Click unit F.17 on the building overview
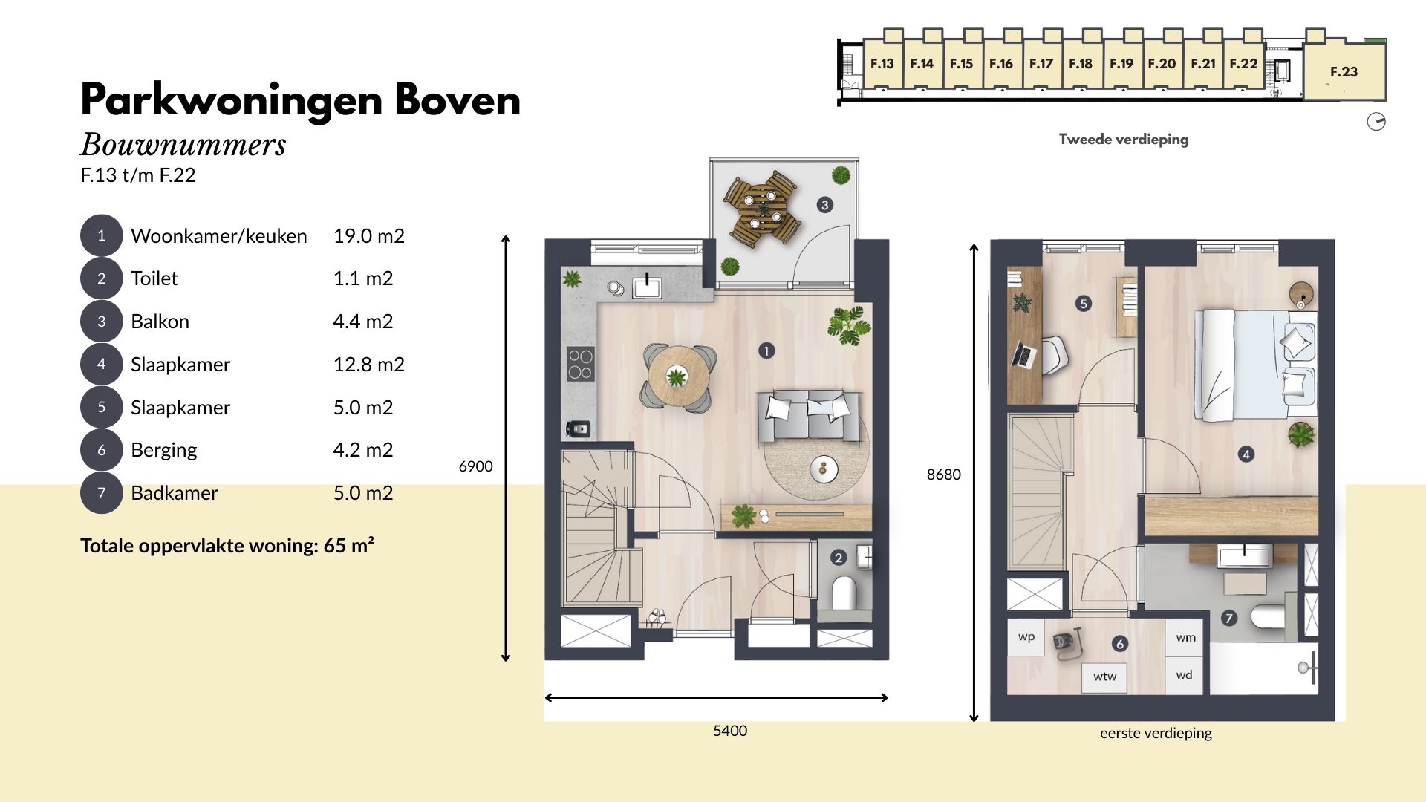(x=1041, y=64)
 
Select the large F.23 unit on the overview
(x=1344, y=71)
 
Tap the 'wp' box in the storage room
(x=1026, y=637)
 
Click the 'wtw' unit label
(x=1104, y=677)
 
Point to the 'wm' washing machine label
(x=1185, y=637)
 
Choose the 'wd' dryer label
(x=1185, y=675)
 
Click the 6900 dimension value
(x=475, y=466)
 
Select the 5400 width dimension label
(x=730, y=731)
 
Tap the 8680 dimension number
(x=943, y=475)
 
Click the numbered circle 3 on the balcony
(x=824, y=205)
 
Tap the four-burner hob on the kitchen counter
(x=581, y=364)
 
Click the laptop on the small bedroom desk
(x=1023, y=355)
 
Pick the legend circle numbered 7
(x=101, y=492)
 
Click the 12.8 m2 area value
(x=368, y=365)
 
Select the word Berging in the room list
(x=163, y=450)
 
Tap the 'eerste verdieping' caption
(x=1156, y=733)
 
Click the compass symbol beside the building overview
(x=1376, y=122)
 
